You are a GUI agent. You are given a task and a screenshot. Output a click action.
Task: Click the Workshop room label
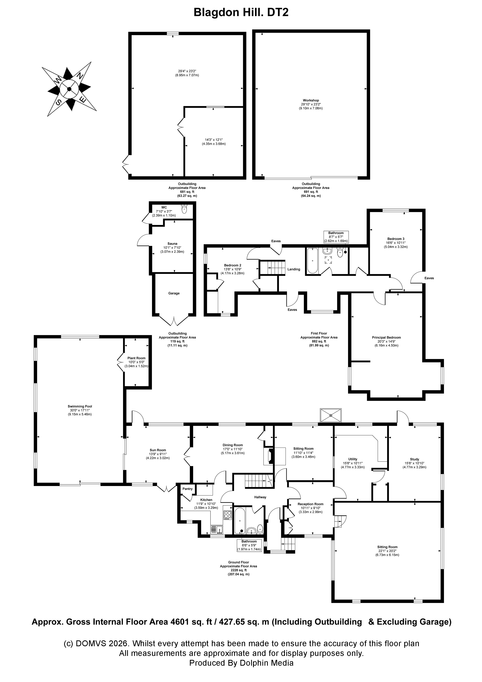(311, 100)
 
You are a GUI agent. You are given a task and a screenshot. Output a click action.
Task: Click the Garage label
(174, 293)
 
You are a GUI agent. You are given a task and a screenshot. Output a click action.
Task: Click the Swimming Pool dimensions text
(80, 412)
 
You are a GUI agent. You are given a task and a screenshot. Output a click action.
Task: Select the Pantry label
(187, 489)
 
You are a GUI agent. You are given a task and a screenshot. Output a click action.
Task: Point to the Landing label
(293, 269)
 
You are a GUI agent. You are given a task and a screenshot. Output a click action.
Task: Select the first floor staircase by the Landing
(272, 268)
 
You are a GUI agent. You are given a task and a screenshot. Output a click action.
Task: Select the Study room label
(414, 459)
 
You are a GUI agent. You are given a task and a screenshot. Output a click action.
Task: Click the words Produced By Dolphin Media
(241, 663)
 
